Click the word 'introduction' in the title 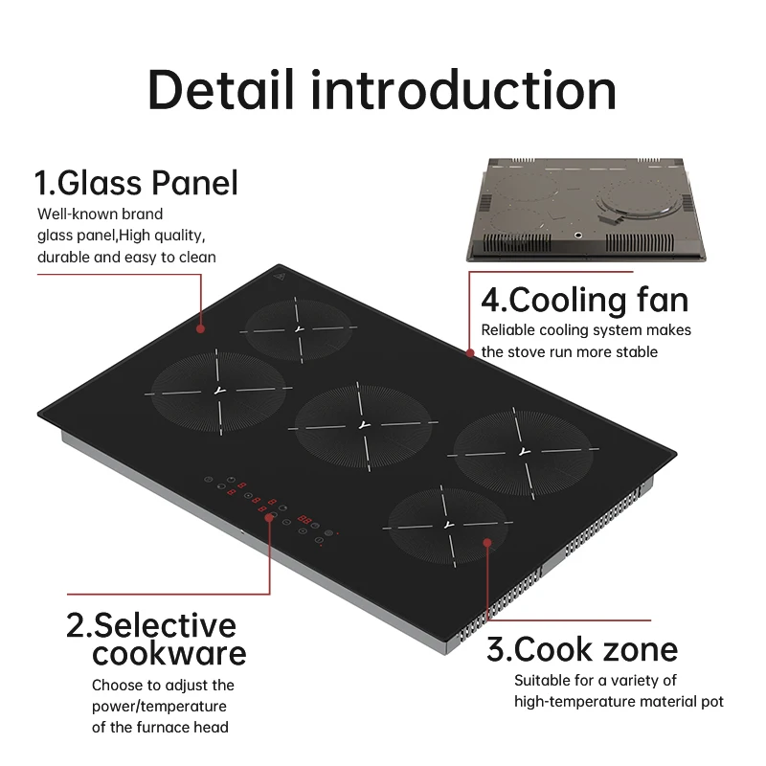tap(464, 90)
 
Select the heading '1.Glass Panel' tap(136, 182)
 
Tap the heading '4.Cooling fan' tap(584, 300)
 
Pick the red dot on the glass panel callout tap(201, 328)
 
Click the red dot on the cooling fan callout tap(470, 352)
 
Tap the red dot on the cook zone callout tap(487, 543)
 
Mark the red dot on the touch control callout tap(271, 517)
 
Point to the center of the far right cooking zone tap(522, 450)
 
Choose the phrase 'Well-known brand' tap(101, 214)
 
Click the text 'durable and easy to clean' tap(126, 257)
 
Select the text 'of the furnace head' tap(160, 727)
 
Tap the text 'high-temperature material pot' tap(619, 702)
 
